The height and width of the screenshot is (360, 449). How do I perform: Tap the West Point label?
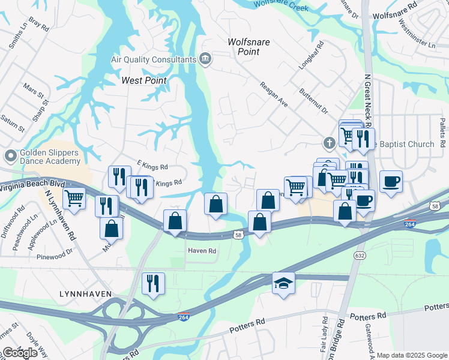pos(143,80)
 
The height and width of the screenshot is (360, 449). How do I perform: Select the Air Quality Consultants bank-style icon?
pos(205,59)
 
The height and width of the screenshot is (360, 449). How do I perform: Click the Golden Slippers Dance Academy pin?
pos(10,156)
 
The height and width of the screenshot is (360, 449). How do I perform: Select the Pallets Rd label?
pos(441,133)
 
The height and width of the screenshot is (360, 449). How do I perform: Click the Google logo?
pos(20,353)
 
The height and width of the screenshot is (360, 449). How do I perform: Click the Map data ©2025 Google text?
pos(412,355)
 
